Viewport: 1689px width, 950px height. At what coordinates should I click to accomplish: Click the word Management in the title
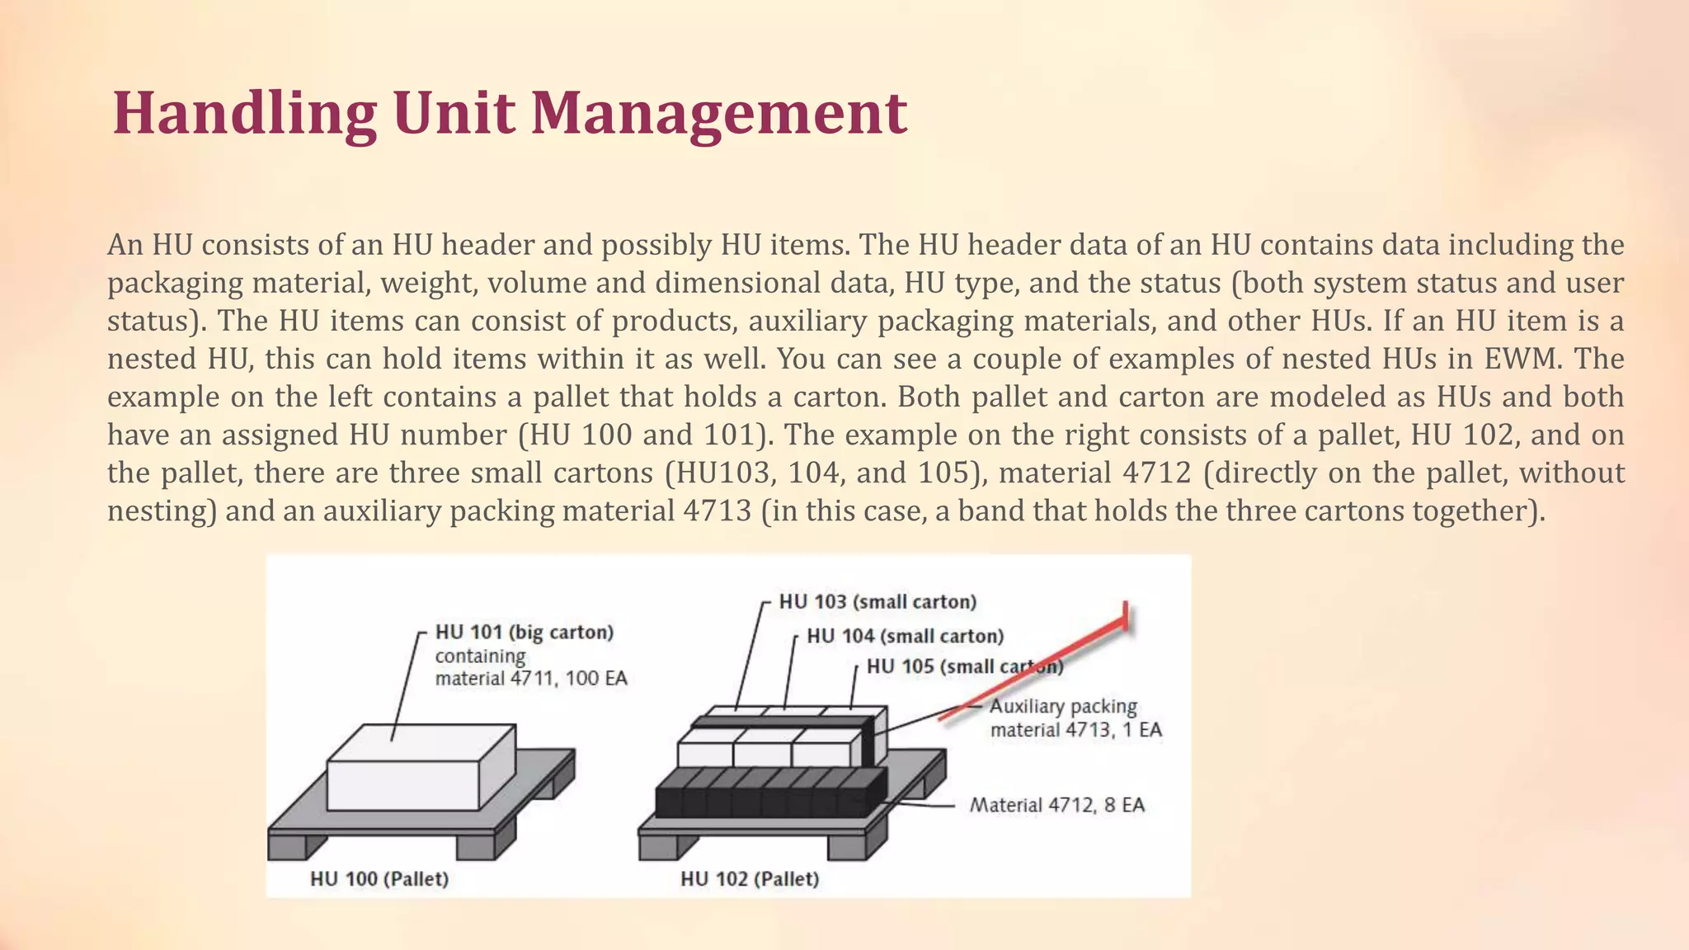pos(718,113)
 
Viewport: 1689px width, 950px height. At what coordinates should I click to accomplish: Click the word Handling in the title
pos(244,113)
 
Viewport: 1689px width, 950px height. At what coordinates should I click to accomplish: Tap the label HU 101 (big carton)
pos(525,633)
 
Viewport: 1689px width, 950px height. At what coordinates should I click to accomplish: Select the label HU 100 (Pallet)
pos(379,879)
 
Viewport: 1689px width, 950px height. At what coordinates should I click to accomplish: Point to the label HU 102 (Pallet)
pos(750,879)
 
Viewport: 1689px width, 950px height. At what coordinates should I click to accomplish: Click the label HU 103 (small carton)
pos(877,602)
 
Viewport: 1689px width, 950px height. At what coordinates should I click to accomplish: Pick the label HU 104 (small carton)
pos(905,636)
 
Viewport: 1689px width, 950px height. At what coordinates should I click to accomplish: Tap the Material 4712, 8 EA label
pos(1057,805)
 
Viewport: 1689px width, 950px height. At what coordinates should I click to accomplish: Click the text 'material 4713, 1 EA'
pos(1075,730)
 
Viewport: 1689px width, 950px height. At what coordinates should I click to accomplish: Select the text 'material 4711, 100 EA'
pos(531,679)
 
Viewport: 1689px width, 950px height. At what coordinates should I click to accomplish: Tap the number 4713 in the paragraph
pos(717,510)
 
